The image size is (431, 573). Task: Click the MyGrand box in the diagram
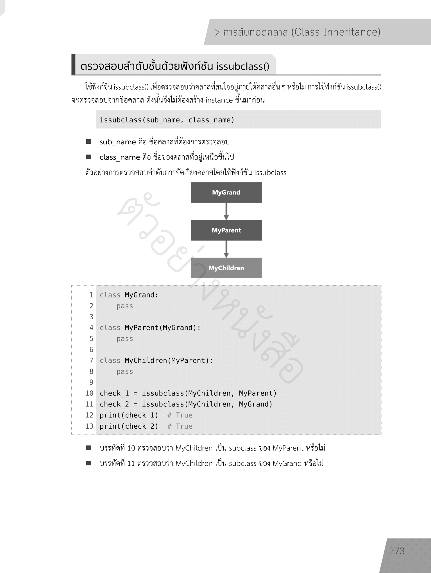[x=226, y=192]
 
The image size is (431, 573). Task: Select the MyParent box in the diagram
[x=226, y=230]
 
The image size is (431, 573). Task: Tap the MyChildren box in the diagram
[x=226, y=268]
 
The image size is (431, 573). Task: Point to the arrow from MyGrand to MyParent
[x=226, y=211]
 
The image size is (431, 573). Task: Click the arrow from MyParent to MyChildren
[x=226, y=249]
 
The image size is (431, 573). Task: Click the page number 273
[x=396, y=551]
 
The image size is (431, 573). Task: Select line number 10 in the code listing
[x=89, y=393]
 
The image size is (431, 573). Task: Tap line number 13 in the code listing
[x=89, y=426]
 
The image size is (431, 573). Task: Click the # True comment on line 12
[x=180, y=415]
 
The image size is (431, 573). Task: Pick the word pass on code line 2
[x=125, y=306]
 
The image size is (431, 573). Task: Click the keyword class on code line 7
[x=110, y=360]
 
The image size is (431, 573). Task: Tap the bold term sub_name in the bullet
[x=118, y=142]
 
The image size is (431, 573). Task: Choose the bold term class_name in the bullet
[x=120, y=157]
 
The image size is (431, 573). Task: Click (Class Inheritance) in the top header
[x=336, y=32]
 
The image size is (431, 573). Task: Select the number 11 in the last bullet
[x=131, y=463]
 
